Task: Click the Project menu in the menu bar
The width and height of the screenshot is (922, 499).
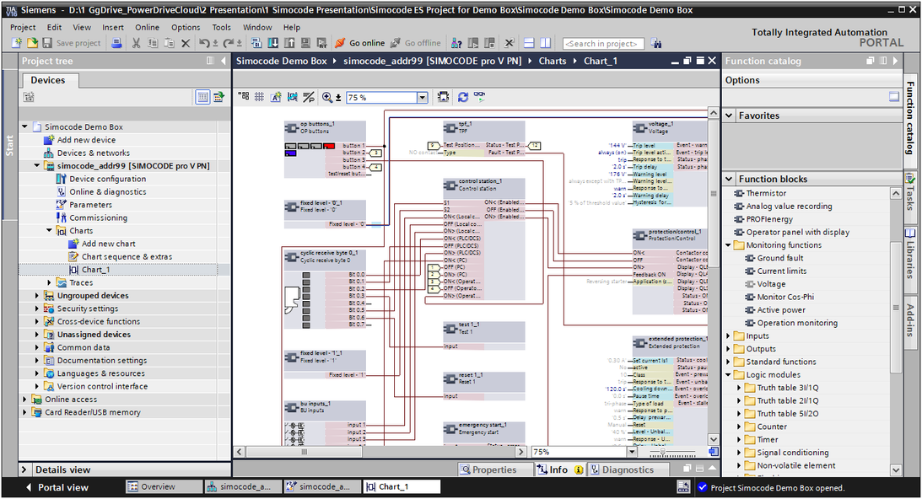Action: point(23,27)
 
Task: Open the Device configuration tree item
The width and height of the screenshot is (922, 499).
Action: point(107,179)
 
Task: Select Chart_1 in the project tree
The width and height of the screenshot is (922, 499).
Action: point(95,270)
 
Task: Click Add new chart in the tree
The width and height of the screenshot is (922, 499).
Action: point(108,244)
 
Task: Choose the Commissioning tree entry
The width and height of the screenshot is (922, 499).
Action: point(98,217)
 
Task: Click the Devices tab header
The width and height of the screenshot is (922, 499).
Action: point(48,80)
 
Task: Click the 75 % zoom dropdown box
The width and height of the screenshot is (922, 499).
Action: point(386,98)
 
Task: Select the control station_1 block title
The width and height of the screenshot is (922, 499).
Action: point(480,181)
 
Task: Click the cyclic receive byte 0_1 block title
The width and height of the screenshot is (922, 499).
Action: point(329,253)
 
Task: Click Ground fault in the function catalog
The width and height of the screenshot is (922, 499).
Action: point(779,258)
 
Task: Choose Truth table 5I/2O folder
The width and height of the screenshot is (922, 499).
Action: point(787,414)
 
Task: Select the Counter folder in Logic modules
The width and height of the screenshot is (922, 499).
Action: point(771,427)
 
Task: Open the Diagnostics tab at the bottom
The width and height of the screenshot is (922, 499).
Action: point(627,470)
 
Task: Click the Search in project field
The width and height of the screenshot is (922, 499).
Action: point(602,43)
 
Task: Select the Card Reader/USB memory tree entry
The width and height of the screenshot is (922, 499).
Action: point(92,412)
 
